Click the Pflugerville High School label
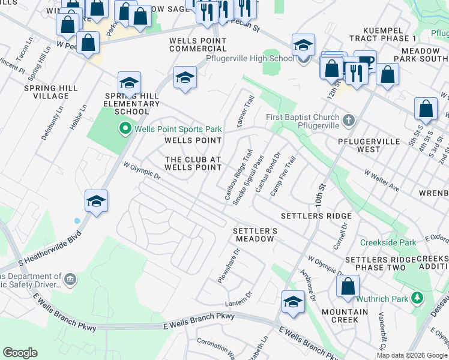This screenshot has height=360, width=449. tap(250, 58)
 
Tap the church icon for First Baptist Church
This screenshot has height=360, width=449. tap(348, 121)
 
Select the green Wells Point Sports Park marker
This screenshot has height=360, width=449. tap(125, 128)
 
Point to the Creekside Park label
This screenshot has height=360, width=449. tap(388, 243)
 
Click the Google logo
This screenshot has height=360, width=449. tap(20, 353)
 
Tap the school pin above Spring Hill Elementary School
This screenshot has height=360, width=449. tap(129, 83)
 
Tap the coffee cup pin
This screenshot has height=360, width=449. tap(365, 61)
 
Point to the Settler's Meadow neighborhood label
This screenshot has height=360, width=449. tap(255, 235)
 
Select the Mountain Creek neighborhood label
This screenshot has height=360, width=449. tap(345, 316)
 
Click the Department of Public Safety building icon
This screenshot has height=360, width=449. tap(70, 279)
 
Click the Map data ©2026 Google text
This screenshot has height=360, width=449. tap(411, 355)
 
